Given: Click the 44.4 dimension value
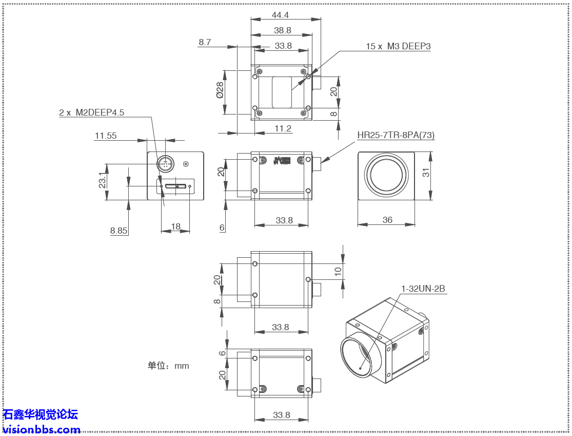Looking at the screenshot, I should pyautogui.click(x=280, y=15).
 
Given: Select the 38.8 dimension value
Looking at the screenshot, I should pyautogui.click(x=282, y=30).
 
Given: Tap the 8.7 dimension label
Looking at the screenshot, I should pyautogui.click(x=205, y=42).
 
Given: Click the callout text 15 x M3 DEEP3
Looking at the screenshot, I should pyautogui.click(x=398, y=46).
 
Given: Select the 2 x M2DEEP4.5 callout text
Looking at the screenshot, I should pyautogui.click(x=91, y=112).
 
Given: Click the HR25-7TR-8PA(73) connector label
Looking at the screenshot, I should pyautogui.click(x=396, y=135).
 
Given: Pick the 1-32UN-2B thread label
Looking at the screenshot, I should pyautogui.click(x=423, y=289).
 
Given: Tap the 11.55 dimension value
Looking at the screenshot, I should pyautogui.click(x=105, y=136).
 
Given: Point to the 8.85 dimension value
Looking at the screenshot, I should pyautogui.click(x=119, y=231).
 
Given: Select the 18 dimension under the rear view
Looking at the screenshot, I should pyautogui.click(x=175, y=226).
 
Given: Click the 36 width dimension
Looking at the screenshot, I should pyautogui.click(x=387, y=220).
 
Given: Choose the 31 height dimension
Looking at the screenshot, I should pyautogui.click(x=426, y=173).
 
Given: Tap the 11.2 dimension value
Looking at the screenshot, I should pyautogui.click(x=283, y=128).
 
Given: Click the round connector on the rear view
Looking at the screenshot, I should pyautogui.click(x=165, y=164).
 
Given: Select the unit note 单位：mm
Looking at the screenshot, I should pyautogui.click(x=168, y=366).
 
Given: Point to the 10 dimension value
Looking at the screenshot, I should pyautogui.click(x=338, y=271).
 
